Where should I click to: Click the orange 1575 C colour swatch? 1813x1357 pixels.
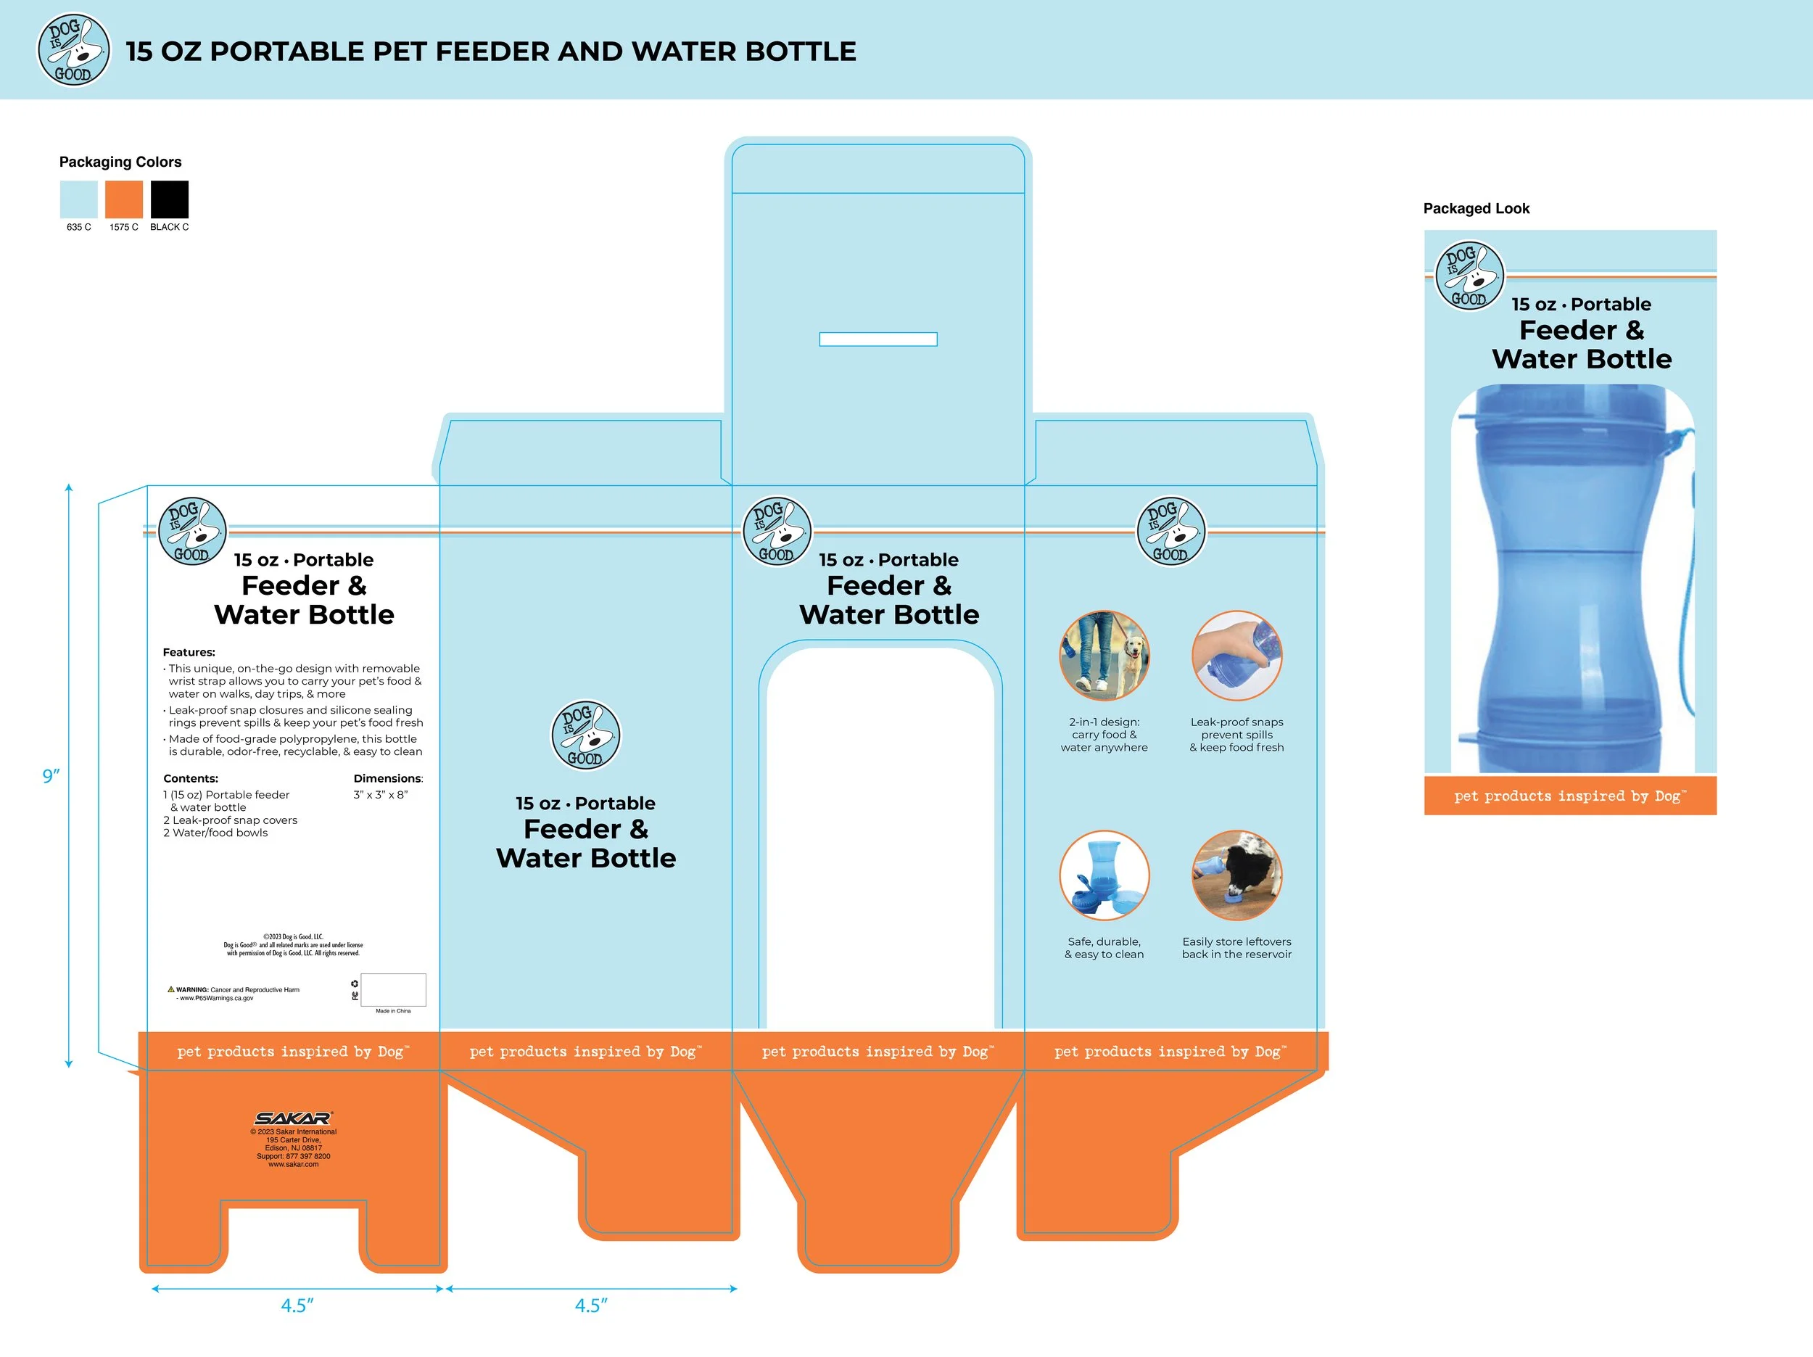(124, 200)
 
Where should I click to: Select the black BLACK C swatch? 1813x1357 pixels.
(170, 200)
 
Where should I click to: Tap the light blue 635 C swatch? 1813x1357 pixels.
(78, 200)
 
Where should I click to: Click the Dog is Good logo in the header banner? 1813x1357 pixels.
(74, 50)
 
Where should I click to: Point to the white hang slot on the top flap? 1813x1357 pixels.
(877, 339)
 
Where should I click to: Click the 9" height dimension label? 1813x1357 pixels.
(51, 775)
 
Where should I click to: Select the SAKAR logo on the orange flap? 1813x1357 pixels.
(294, 1118)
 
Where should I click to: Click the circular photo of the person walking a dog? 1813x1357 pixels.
(1104, 655)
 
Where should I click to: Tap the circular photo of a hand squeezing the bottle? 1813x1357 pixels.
(1236, 655)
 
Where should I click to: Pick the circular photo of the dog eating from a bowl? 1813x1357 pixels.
(1236, 875)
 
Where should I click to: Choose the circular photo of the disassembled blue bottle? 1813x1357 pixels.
(1104, 875)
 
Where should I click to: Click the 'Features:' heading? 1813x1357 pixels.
(189, 653)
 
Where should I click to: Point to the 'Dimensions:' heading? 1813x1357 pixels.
(388, 779)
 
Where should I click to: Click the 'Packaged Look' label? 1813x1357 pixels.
(1476, 209)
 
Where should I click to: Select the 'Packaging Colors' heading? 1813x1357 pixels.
(120, 162)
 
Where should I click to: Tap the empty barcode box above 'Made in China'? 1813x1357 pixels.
(393, 990)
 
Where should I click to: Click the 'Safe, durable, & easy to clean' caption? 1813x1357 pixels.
(1104, 948)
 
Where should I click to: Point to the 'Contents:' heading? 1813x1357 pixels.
(190, 779)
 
